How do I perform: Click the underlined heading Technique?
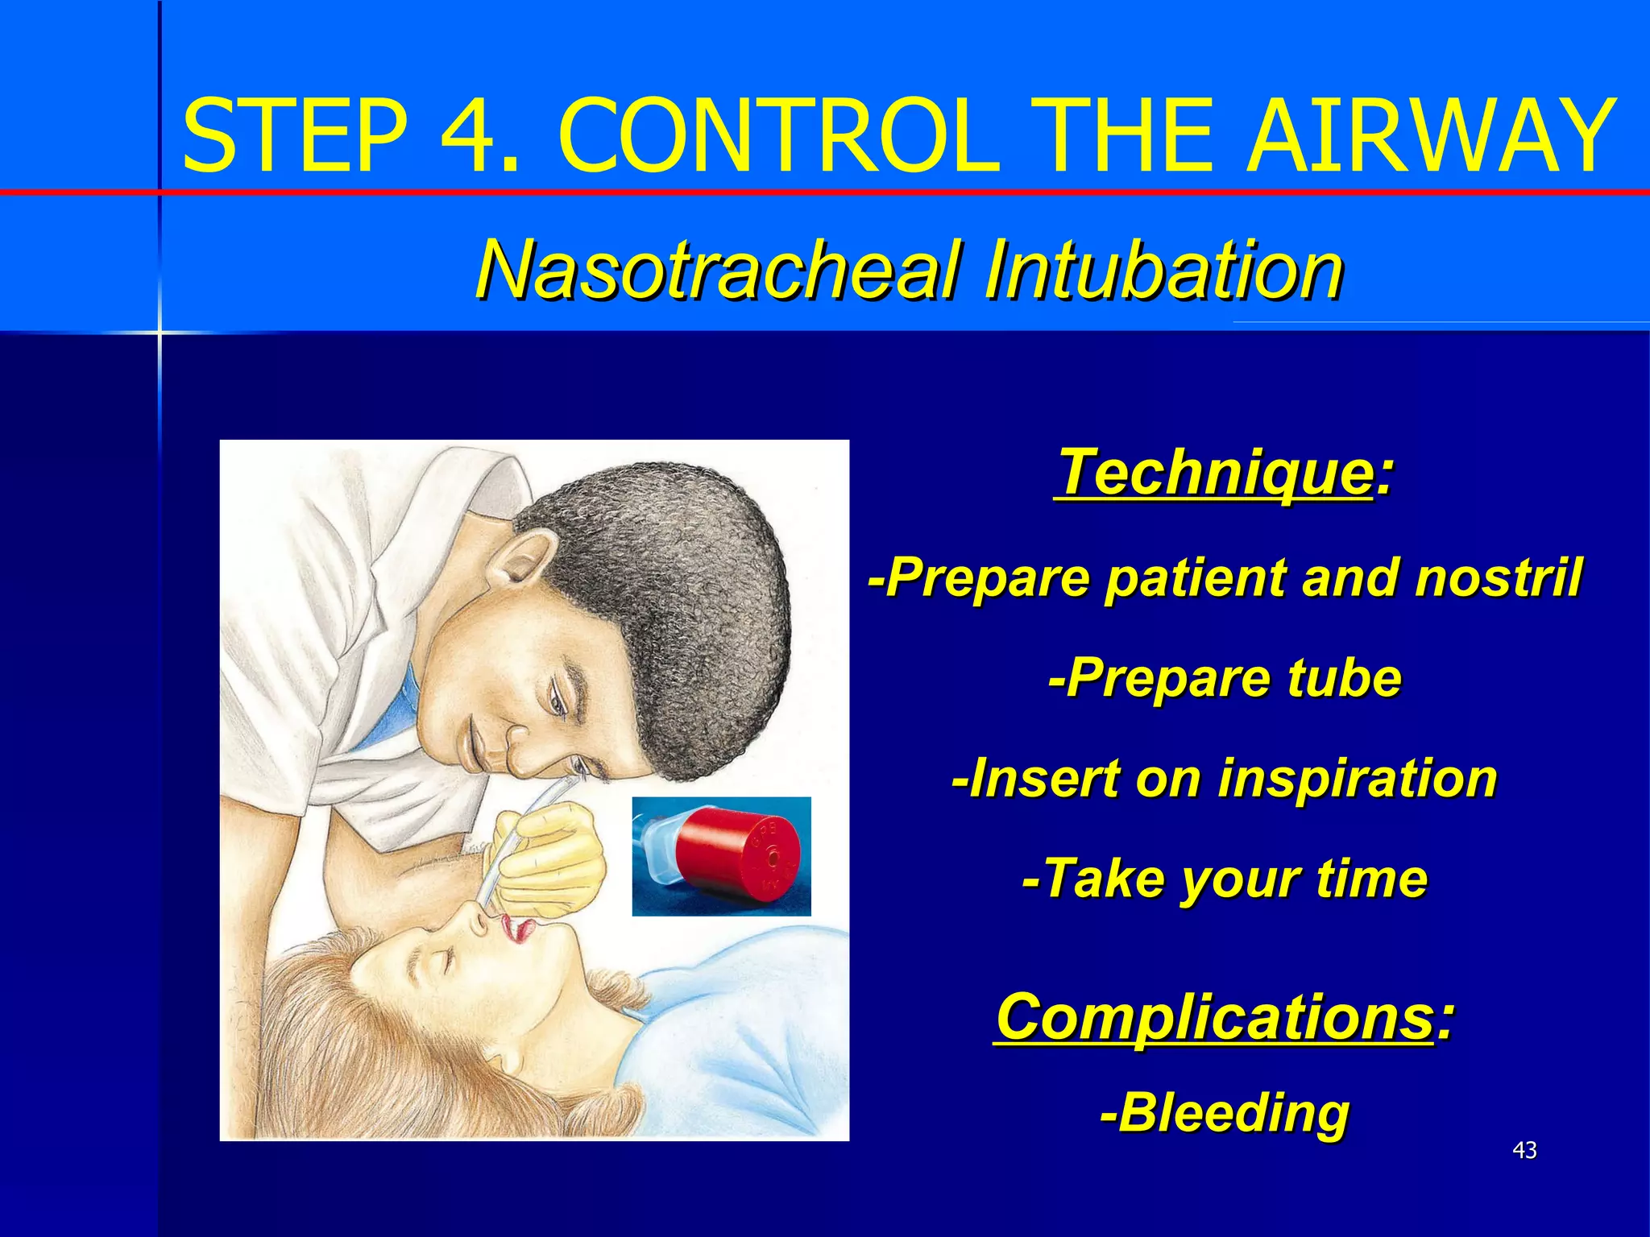(1213, 474)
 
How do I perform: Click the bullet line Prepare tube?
(1225, 678)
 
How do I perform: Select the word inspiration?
(1357, 779)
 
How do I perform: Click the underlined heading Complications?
(1213, 1018)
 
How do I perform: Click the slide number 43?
(1524, 1151)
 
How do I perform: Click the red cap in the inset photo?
(737, 854)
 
